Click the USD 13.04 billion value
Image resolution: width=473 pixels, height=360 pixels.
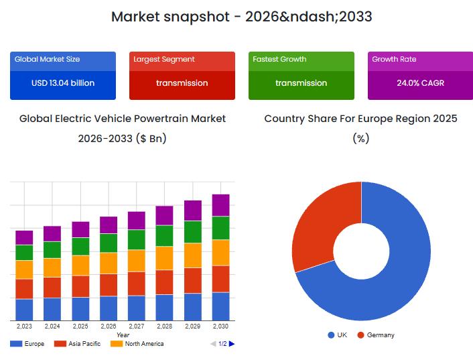click(63, 83)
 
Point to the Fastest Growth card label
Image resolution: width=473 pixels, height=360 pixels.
click(279, 59)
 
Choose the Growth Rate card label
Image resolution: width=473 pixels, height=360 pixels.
click(394, 59)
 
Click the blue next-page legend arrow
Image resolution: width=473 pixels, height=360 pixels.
click(232, 344)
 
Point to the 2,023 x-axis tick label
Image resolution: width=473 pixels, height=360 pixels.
click(24, 326)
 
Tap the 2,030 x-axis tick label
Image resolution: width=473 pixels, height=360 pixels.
click(221, 326)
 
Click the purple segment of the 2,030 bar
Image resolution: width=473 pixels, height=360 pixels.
click(221, 205)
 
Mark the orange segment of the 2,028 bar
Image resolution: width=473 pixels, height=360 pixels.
click(165, 258)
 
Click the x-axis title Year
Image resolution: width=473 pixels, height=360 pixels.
click(123, 335)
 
